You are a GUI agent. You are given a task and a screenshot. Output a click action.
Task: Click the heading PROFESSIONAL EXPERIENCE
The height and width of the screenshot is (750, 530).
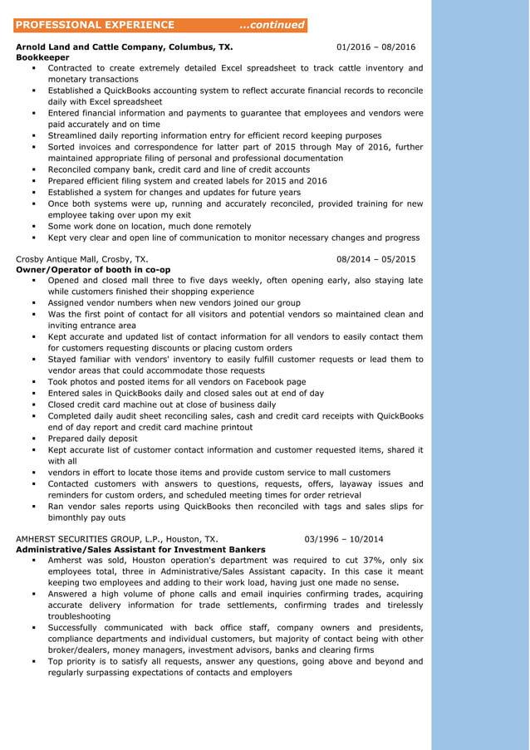pyautogui.click(x=96, y=25)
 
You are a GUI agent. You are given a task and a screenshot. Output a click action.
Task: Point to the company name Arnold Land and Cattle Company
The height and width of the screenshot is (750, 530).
pyautogui.click(x=90, y=47)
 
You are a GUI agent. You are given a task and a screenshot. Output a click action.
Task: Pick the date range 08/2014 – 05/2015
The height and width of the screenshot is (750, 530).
pyautogui.click(x=376, y=259)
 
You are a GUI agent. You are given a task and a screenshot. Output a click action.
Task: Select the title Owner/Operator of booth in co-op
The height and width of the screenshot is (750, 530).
pyautogui.click(x=93, y=270)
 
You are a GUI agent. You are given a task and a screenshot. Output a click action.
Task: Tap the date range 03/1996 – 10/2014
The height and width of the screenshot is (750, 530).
pyautogui.click(x=344, y=538)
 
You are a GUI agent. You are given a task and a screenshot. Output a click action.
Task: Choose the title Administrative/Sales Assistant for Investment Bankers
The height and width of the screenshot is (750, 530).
pyautogui.click(x=141, y=549)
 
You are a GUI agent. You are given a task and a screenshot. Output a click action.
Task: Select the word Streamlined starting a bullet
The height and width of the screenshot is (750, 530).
pyautogui.click(x=76, y=135)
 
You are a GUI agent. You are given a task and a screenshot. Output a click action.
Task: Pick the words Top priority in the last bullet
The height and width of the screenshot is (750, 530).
pyautogui.click(x=71, y=662)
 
